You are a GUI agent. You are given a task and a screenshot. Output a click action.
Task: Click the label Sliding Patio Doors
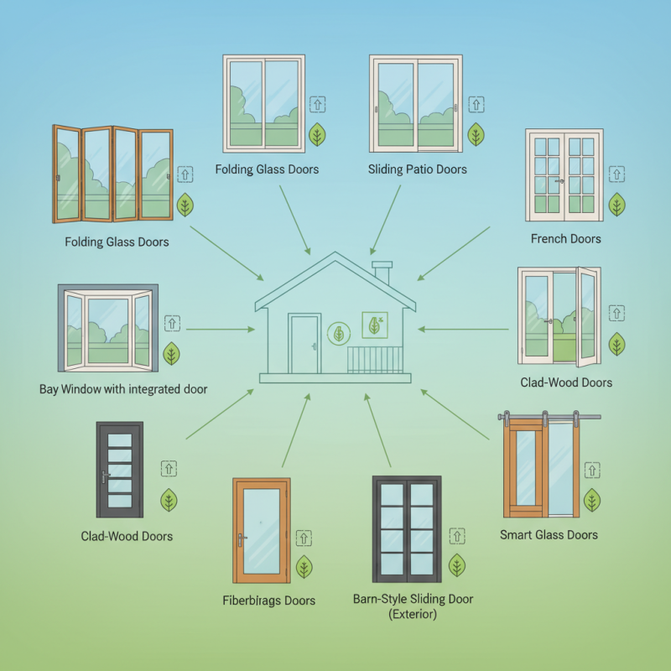(418, 169)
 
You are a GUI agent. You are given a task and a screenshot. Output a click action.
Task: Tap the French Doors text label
(565, 239)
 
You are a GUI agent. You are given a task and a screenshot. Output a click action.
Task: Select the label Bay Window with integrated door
(123, 389)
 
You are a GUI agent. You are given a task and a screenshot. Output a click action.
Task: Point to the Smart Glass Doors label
(549, 534)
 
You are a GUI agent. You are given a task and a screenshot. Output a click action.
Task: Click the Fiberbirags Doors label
(269, 601)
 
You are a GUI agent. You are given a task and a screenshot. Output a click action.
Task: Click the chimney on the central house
(382, 272)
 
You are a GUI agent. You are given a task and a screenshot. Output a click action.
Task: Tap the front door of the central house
(304, 344)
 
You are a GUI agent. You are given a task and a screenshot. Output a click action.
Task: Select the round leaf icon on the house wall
(339, 334)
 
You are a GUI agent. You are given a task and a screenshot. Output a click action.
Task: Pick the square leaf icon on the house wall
(373, 325)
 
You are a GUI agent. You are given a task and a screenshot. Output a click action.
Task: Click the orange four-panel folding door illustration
(112, 174)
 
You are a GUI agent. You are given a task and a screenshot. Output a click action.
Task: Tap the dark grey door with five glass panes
(120, 470)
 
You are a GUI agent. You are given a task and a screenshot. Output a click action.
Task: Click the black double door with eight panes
(407, 529)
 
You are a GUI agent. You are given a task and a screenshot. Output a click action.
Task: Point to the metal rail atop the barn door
(549, 415)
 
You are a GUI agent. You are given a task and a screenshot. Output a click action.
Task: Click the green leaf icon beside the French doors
(617, 204)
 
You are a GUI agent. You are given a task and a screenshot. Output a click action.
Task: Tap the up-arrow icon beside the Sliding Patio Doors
(476, 105)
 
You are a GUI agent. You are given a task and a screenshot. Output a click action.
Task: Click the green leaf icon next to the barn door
(592, 500)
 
